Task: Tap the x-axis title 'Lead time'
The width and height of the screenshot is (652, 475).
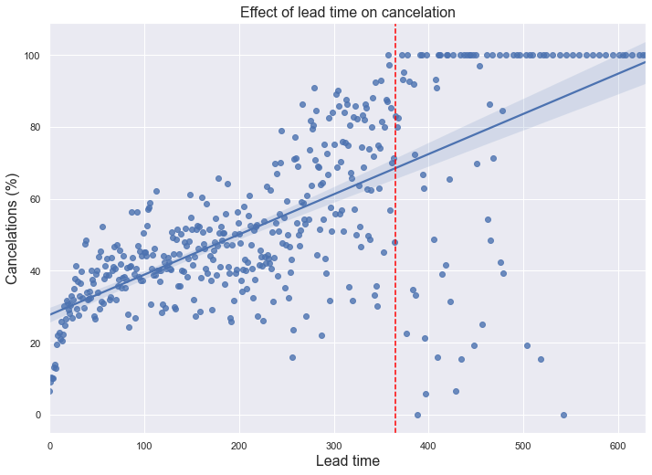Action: tap(347, 461)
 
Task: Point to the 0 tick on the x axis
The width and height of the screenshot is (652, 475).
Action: tap(50, 444)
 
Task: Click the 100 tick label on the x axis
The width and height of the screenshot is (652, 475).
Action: tap(144, 444)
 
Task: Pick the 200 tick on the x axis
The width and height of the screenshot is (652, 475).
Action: tap(239, 444)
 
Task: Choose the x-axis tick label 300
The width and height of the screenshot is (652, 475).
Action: tap(334, 444)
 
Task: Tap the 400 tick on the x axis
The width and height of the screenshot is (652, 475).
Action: tap(429, 444)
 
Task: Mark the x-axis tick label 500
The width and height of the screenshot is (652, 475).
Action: tap(523, 444)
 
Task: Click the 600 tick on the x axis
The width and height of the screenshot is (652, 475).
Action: tap(618, 444)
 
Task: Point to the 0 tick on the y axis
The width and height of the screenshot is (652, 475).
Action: tap(37, 415)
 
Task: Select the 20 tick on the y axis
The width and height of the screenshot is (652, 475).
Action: tap(35, 343)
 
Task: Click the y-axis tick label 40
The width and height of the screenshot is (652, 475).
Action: tap(35, 271)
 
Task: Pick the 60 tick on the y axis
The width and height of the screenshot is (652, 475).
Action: tap(35, 199)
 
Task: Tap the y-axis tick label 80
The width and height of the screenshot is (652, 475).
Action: tap(35, 127)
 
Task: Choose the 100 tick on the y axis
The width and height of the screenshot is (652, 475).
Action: tap(32, 56)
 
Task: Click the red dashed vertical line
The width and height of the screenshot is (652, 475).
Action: tap(395, 274)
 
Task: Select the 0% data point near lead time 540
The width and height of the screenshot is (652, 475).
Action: tap(563, 415)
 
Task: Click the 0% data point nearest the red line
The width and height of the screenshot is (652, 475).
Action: tap(417, 415)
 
